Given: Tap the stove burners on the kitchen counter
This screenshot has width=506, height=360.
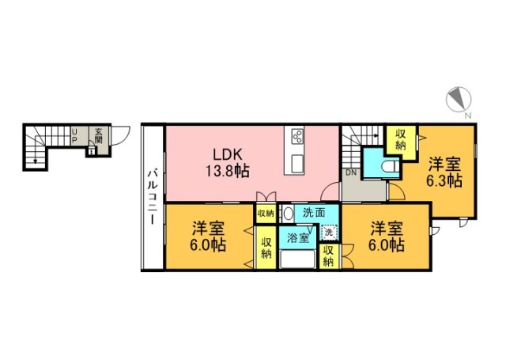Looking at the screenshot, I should (298, 135).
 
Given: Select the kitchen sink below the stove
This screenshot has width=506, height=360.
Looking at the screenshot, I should (297, 162).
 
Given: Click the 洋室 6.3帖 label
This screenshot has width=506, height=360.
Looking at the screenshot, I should (444, 172).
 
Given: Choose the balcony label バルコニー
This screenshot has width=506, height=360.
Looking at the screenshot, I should (153, 196).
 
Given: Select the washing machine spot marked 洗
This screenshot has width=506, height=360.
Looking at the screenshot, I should (328, 233).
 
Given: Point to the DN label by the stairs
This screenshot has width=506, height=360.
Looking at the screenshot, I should (349, 172).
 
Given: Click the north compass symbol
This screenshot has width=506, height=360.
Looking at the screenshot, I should (459, 100).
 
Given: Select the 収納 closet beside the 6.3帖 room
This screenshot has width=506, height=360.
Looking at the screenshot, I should (401, 138).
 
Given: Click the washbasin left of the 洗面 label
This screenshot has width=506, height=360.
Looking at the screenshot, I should (289, 212).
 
